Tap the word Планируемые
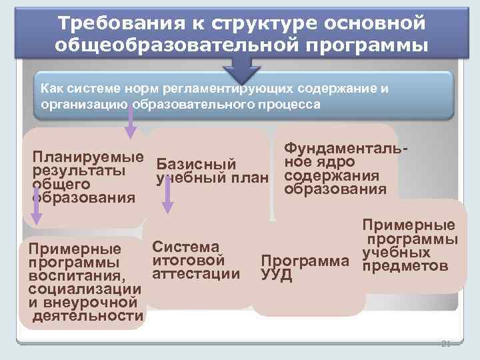88,157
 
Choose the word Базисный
196,164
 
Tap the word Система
185,247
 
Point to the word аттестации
196,273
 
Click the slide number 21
446,344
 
